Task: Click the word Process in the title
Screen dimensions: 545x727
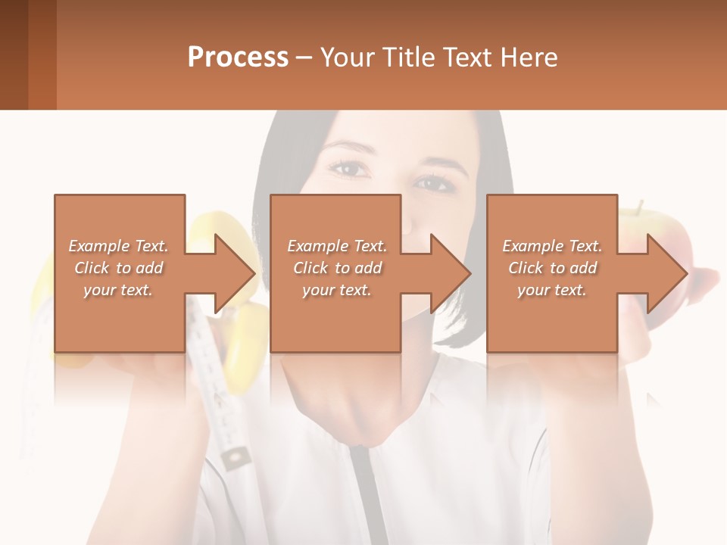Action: (x=238, y=58)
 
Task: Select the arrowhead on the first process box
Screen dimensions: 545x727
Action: (x=235, y=273)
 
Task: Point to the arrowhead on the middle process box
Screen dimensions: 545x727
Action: (x=451, y=273)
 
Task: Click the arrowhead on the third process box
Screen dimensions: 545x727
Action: (x=667, y=273)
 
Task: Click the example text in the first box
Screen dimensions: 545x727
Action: (x=119, y=268)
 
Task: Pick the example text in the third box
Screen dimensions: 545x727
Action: (x=552, y=268)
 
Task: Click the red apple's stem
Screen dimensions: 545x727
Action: (x=641, y=206)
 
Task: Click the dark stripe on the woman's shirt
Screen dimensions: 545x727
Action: (x=362, y=492)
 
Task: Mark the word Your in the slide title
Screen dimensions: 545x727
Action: (x=348, y=58)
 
